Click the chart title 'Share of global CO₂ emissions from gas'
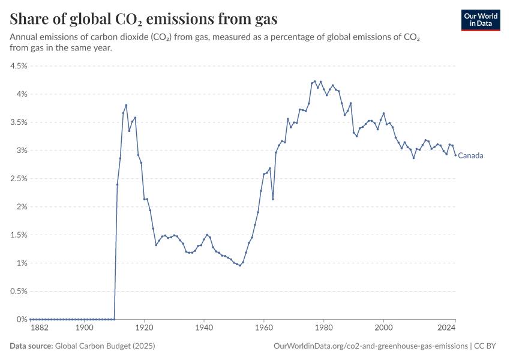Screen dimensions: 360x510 pos(144,19)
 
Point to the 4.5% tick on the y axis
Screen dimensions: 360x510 pos(19,66)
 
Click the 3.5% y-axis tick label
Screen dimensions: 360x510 pos(19,122)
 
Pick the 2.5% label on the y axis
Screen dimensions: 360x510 pos(19,179)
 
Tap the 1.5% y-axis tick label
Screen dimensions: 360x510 pos(19,235)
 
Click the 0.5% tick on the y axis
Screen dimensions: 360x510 pos(19,292)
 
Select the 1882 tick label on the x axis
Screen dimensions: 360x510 pos(40,329)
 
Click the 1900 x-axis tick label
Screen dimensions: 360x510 pos(85,329)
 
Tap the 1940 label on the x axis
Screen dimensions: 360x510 pos(204,329)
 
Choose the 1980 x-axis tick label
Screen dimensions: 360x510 pos(324,329)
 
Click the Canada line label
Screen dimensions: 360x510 pos(470,156)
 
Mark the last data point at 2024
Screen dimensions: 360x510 pos(455,155)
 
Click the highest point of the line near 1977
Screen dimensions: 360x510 pos(314,82)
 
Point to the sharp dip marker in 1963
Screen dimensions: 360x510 pos(273,199)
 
